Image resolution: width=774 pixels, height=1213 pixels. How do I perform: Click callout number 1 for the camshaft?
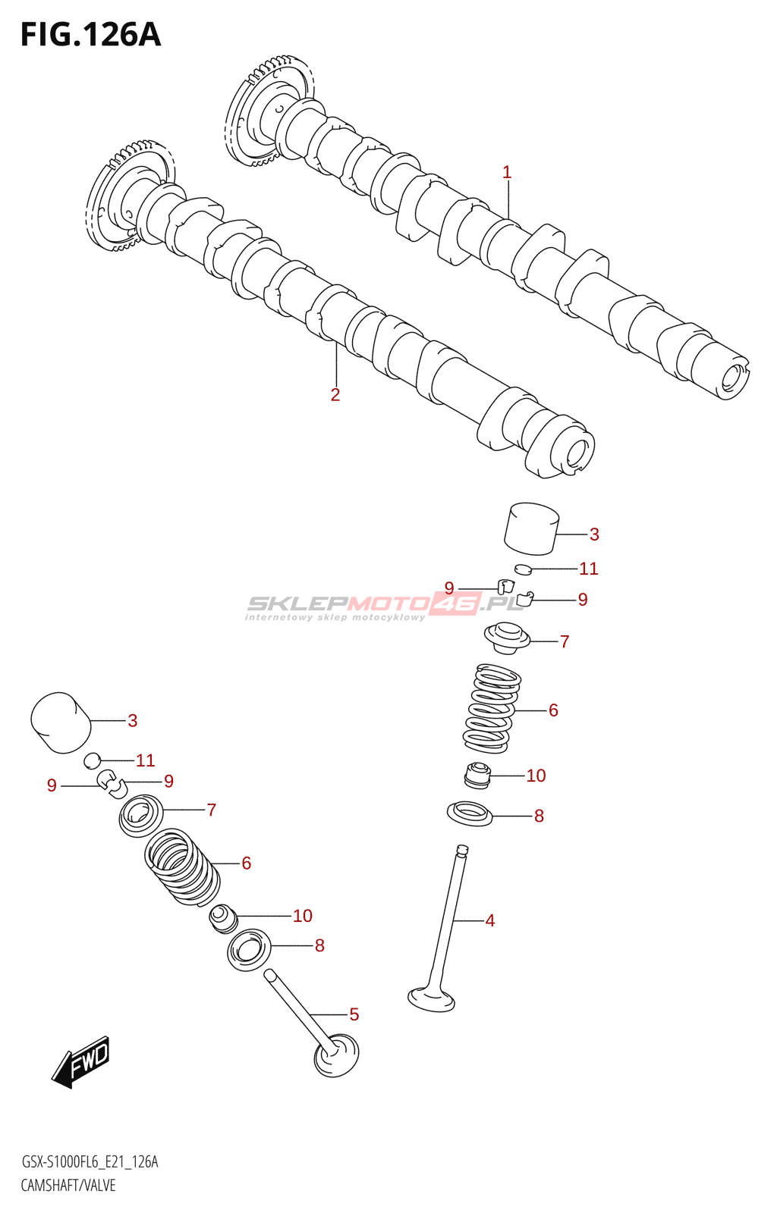507,173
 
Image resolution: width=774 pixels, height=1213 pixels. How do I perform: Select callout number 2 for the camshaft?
335,395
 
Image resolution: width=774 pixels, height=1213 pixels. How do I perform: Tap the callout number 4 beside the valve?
490,920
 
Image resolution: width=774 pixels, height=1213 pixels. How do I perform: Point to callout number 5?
354,1014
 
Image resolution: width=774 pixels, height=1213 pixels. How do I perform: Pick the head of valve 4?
431,998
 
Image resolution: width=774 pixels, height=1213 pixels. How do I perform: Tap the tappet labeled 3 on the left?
61,722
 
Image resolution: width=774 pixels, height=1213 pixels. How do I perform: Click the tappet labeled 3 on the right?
531,528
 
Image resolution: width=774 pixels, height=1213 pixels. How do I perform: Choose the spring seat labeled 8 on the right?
470,813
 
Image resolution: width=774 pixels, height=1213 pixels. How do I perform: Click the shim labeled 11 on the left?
93,759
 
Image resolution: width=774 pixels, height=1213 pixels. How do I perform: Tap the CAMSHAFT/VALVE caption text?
68,1185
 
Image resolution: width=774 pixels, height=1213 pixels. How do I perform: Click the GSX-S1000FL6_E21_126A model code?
90,1162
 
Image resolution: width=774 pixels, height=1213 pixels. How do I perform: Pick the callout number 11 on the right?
589,569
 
